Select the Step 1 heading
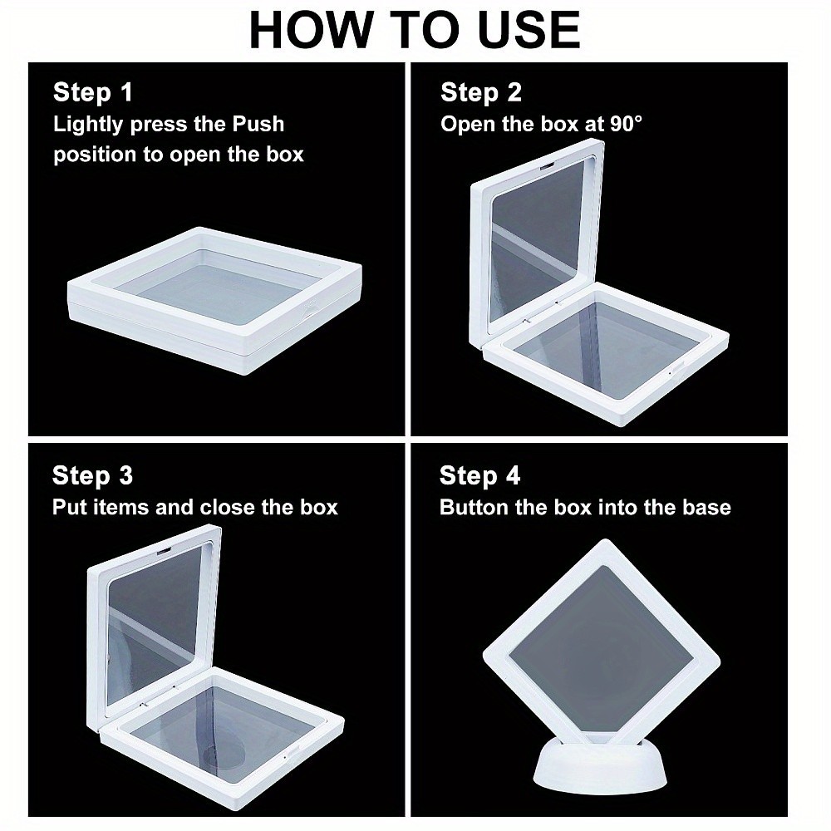[x=93, y=92]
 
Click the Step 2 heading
[x=480, y=92]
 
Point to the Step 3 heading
[x=92, y=475]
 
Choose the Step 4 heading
[x=479, y=475]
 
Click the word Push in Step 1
[x=258, y=124]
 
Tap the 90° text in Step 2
[x=626, y=124]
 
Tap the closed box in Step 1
[x=214, y=299]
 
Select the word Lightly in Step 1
[x=88, y=124]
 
